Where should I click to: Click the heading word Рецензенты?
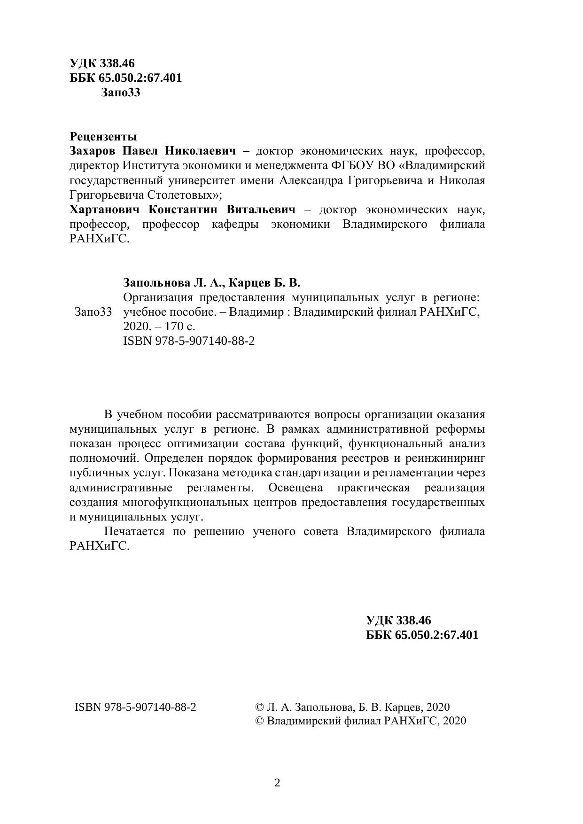click(x=103, y=137)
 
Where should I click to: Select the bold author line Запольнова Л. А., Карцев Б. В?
click(x=211, y=283)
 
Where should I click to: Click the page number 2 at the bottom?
click(x=277, y=783)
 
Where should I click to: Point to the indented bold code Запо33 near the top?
click(x=120, y=93)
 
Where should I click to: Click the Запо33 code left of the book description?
click(x=93, y=312)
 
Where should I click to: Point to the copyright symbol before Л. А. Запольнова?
click(x=259, y=707)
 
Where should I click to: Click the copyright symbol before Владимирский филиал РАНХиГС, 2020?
click(x=259, y=721)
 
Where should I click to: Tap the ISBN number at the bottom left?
click(x=135, y=707)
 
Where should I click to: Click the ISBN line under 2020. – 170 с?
click(x=189, y=341)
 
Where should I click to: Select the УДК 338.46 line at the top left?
click(x=102, y=63)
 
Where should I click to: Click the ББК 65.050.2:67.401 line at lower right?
click(x=422, y=635)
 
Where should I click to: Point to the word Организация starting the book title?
click(x=158, y=298)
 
